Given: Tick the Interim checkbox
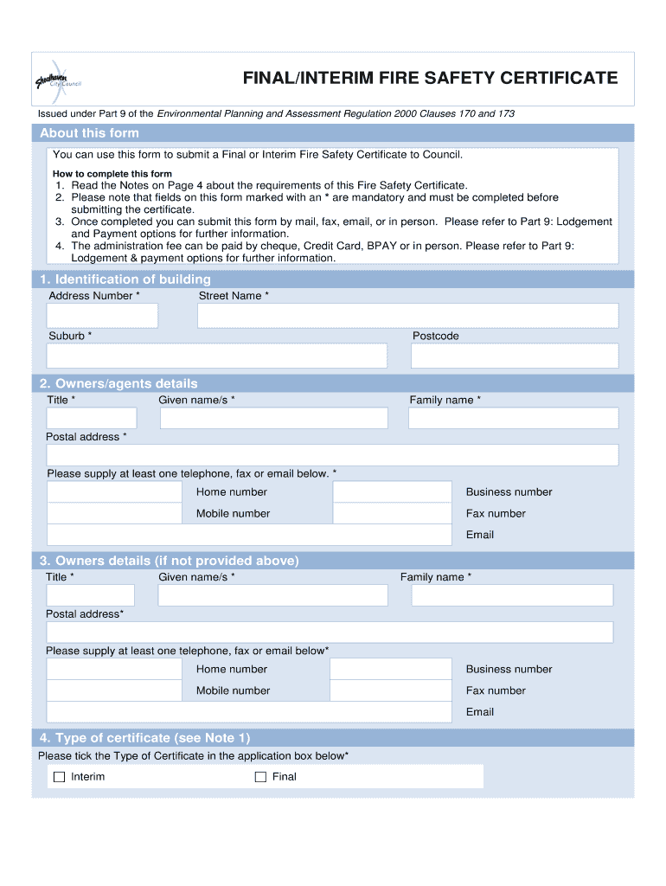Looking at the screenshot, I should click(60, 777).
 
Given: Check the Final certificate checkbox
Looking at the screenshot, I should click(260, 777).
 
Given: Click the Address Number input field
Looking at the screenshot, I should click(103, 316).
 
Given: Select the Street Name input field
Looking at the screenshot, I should click(407, 316).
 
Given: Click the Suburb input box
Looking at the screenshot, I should click(216, 356).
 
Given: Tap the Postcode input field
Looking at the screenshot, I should click(515, 356).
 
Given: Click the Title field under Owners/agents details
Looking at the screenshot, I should click(92, 418).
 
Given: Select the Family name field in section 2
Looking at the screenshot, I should click(514, 418).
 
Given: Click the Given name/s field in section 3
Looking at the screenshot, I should click(273, 595).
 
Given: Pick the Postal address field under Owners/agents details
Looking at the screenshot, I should click(332, 455).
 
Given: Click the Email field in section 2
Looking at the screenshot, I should click(249, 535).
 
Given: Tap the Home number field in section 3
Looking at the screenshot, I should click(114, 670).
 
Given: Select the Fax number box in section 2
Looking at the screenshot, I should click(392, 514).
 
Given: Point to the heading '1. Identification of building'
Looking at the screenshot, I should click(125, 279).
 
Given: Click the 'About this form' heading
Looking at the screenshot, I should click(89, 133).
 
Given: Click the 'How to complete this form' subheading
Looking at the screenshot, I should click(112, 174).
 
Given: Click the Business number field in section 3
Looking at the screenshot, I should click(390, 670).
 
